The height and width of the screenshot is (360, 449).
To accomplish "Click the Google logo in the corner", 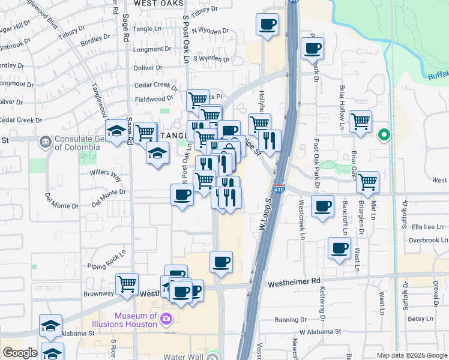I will (x=20, y=353).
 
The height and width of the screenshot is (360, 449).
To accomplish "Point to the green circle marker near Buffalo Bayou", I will (x=384, y=135).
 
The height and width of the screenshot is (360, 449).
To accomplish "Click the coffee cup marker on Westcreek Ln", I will (x=323, y=206).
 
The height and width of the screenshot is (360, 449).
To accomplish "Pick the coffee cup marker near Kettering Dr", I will (x=339, y=248).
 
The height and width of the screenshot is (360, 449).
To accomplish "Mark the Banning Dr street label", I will (x=291, y=320).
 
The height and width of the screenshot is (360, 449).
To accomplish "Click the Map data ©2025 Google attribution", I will (x=411, y=355).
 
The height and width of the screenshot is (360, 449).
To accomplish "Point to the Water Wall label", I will (x=182, y=355).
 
